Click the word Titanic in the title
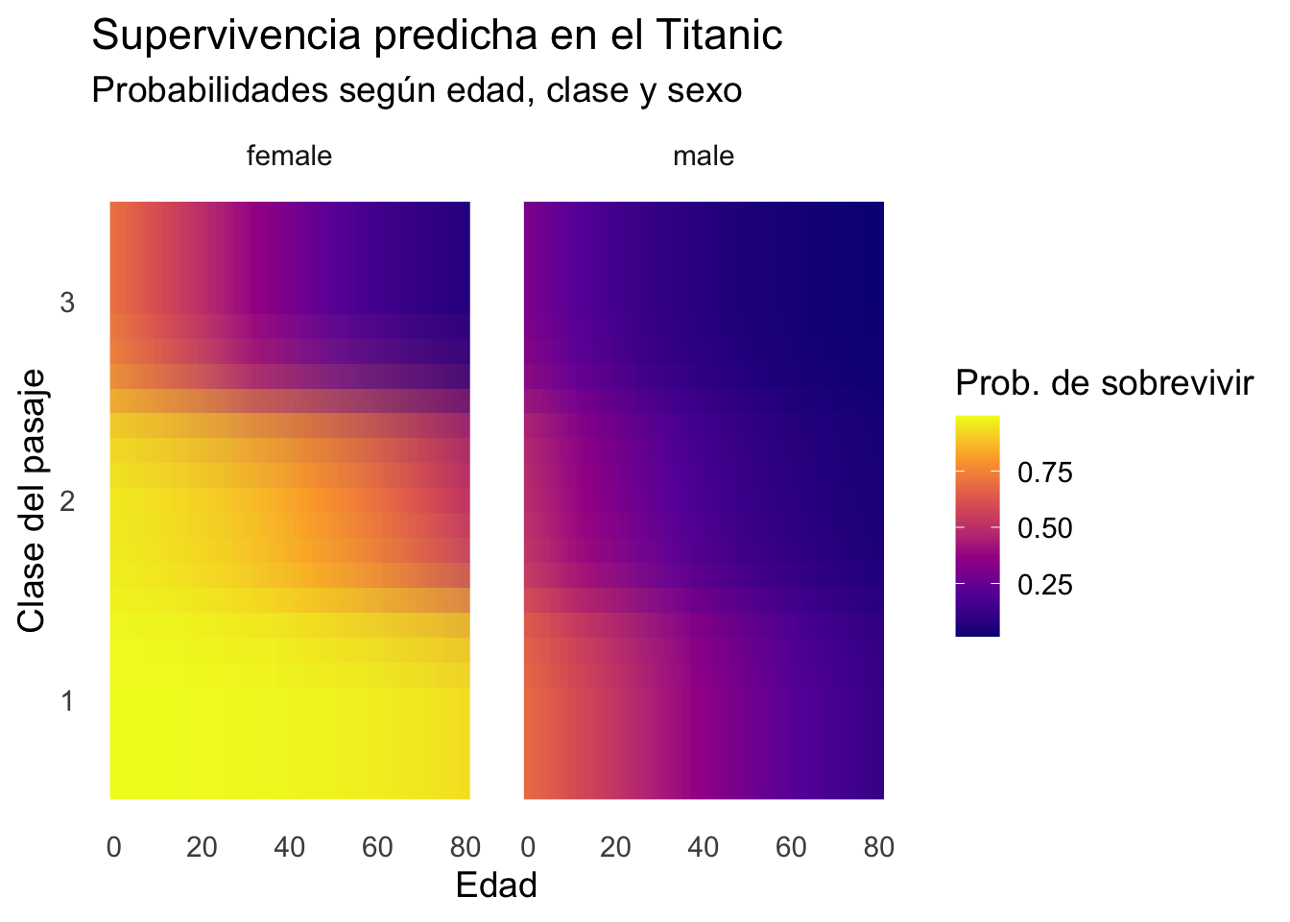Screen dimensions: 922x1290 pos(719,36)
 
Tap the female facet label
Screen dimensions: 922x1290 pos(289,156)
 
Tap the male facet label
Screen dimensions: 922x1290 pos(704,156)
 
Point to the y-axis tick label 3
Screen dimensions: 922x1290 pos(67,303)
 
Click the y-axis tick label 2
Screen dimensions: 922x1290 pos(67,501)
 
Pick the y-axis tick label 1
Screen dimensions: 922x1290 pos(67,700)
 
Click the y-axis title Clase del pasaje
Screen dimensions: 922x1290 pos(32,500)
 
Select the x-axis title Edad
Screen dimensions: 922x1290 pos(496,885)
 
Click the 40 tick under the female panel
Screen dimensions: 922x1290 pos(290,846)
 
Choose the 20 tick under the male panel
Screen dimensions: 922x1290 pos(616,846)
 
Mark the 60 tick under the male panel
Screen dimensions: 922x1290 pos(792,846)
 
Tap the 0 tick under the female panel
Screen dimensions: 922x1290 pos(113,846)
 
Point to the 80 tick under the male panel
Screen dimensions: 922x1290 pos(879,846)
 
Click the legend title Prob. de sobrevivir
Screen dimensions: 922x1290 pos(1105,383)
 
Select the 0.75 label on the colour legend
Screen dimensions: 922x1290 pos(1043,473)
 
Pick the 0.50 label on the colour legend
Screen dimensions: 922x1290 pos(1043,528)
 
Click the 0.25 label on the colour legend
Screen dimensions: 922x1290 pos(1043,585)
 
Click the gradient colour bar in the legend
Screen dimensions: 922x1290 pos(977,525)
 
